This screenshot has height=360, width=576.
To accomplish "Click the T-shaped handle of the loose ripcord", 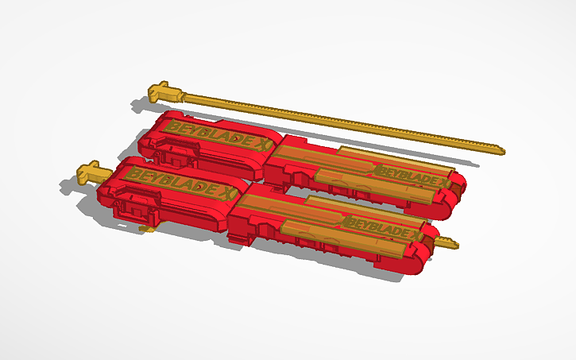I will [165, 91].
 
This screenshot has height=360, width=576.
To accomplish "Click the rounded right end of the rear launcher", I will [458, 191].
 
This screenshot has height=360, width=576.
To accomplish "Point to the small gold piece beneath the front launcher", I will [145, 229].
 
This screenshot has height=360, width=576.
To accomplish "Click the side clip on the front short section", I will [134, 208].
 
